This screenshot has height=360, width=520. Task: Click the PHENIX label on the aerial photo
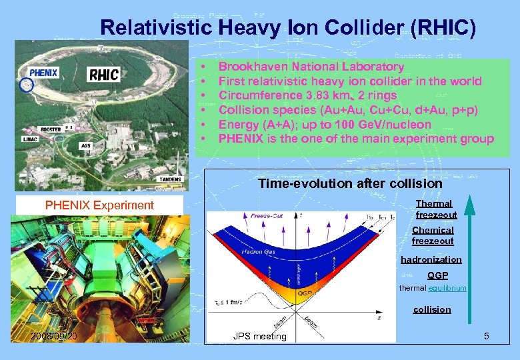[43, 72]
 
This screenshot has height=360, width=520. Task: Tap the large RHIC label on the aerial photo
[104, 73]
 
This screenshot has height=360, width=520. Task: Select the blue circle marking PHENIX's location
[26, 85]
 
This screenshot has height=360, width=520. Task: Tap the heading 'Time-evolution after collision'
[350, 183]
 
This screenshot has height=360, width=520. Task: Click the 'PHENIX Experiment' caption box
[99, 205]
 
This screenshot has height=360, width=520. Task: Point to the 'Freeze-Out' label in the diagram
[267, 216]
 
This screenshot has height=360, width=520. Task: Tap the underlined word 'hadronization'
[431, 259]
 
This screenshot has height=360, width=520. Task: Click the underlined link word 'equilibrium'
[448, 288]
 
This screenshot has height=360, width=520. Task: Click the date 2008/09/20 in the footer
[54, 335]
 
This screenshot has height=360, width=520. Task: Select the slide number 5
[487, 335]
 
